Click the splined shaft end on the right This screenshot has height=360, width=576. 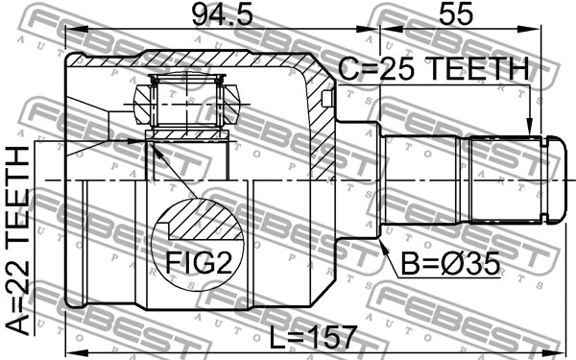(509, 180)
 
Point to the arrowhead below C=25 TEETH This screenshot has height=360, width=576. (529, 132)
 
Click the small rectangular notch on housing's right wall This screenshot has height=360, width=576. (328, 98)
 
